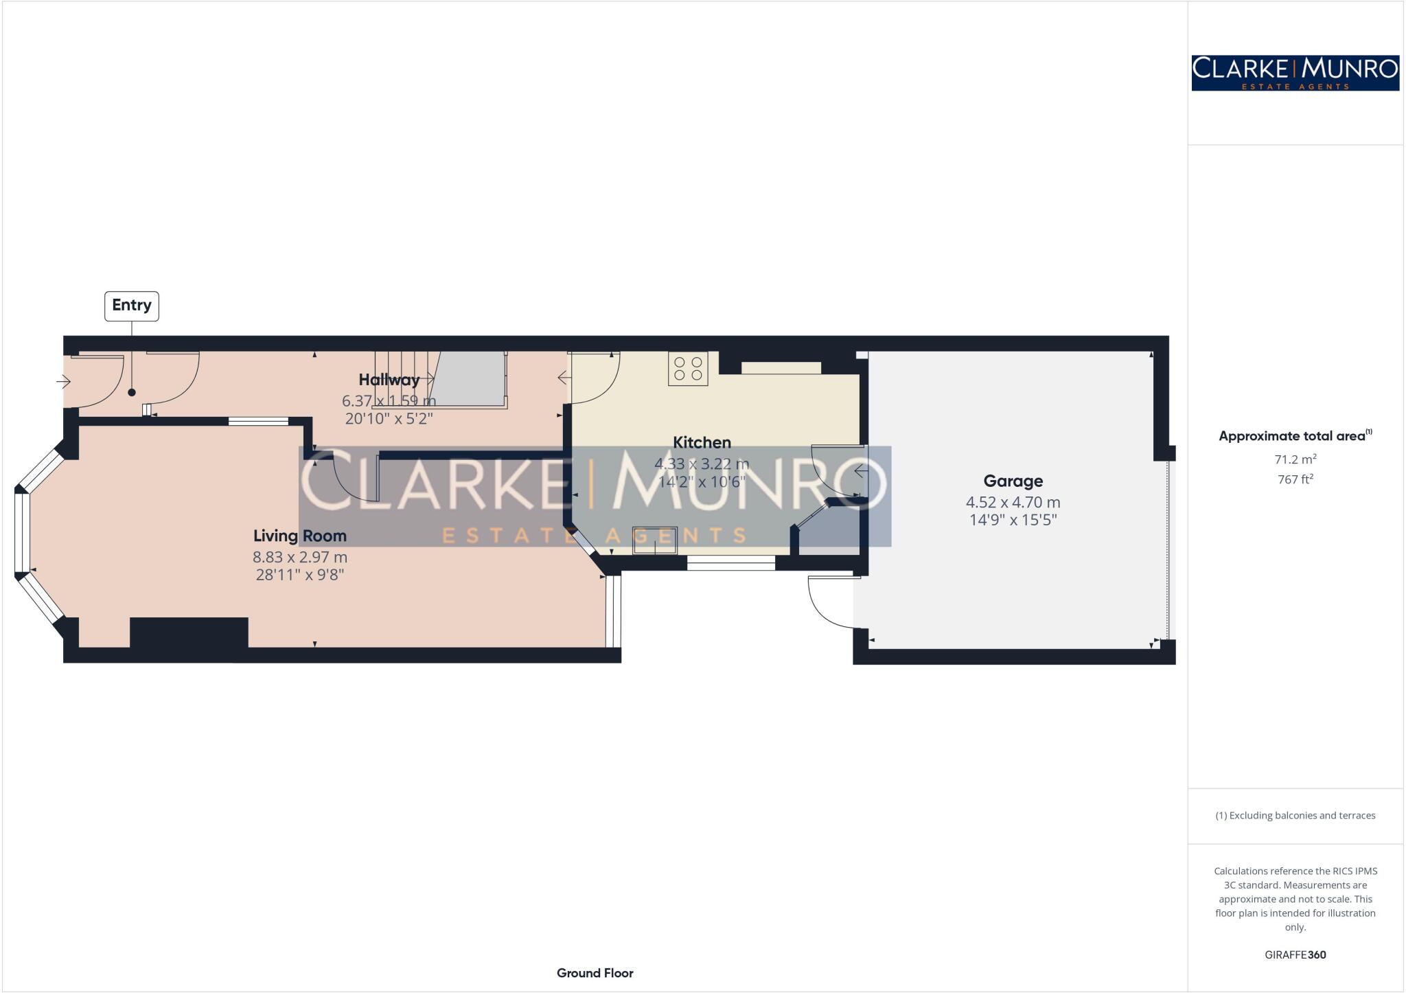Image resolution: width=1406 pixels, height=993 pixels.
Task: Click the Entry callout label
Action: click(x=131, y=306)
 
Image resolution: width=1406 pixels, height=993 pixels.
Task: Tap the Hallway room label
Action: click(x=389, y=380)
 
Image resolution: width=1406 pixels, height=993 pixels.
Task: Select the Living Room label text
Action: click(x=299, y=536)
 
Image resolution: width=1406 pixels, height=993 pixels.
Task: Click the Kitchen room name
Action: click(x=702, y=442)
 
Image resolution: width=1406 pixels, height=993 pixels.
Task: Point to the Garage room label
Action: click(x=1013, y=481)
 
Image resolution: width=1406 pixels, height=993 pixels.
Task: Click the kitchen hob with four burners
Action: click(x=688, y=368)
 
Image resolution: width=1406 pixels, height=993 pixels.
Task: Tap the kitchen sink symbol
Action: click(x=654, y=540)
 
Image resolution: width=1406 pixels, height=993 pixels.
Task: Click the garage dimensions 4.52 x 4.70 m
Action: click(x=1013, y=502)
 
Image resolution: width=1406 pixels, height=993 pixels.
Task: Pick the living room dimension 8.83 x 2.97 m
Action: click(x=299, y=557)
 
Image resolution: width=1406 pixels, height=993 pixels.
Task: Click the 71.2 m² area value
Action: click(x=1295, y=459)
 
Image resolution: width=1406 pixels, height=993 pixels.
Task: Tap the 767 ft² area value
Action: click(x=1295, y=479)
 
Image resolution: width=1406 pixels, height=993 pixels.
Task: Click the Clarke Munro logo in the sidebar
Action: click(x=1295, y=73)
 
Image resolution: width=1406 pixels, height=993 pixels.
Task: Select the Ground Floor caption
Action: click(x=595, y=972)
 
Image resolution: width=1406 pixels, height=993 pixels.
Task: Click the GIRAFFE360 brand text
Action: click(x=1295, y=955)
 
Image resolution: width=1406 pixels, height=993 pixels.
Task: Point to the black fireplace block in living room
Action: click(x=189, y=632)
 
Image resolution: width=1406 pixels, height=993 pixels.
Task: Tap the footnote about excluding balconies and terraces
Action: click(x=1295, y=815)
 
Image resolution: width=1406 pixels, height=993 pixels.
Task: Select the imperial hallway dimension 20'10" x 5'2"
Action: click(x=389, y=418)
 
